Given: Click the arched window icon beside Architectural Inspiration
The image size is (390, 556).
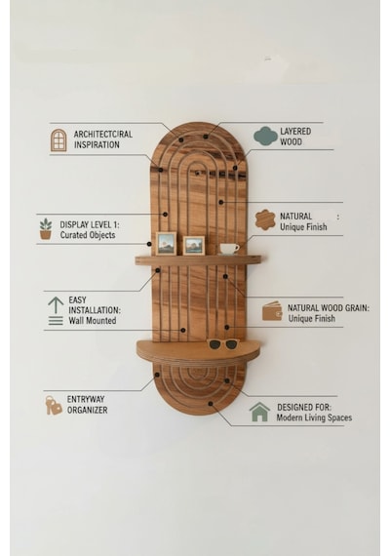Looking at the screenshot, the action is coord(58,140).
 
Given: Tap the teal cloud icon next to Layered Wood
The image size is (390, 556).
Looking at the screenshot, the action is coord(265,136).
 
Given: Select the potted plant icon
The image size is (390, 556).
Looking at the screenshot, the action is coord(46,228).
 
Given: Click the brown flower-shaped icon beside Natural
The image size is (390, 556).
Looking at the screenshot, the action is coord(265,219).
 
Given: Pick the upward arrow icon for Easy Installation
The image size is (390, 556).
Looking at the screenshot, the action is coord(56,310).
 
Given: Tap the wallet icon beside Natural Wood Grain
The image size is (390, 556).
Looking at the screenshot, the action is coord(272,311).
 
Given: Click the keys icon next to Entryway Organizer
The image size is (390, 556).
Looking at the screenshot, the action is coord(54,405).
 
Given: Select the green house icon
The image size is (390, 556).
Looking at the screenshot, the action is coord(259,412).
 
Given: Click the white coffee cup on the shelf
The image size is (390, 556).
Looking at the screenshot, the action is coord(229,249).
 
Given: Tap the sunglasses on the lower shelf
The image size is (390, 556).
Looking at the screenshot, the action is coord(223,343).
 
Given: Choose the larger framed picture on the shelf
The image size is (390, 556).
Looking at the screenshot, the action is coord(166,243).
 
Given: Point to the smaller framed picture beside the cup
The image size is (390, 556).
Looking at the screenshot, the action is coord(194,246).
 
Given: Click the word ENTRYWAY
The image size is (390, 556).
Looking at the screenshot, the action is coord(86,399).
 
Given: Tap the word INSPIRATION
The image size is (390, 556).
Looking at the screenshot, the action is coord(97,144).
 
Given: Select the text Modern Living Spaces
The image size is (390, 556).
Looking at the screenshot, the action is coord(314,417).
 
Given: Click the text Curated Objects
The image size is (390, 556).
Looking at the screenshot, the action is coord(88,235).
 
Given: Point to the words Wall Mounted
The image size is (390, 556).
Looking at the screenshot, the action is coord(93,321).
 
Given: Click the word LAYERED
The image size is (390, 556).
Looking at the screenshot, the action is coord(295,132).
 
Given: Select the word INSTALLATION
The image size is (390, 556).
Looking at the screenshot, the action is coord(95,310).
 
